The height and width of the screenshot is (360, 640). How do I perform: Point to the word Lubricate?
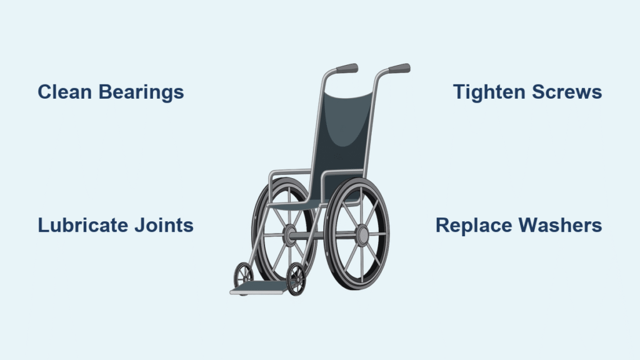coord(82,225)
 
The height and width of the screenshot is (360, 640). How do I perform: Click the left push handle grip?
coord(346,68)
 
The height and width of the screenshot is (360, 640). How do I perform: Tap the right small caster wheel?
coord(296,279)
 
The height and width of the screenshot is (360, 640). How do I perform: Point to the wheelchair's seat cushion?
coord(300,203)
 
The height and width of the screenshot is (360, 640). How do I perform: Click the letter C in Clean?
coord(44,92)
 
